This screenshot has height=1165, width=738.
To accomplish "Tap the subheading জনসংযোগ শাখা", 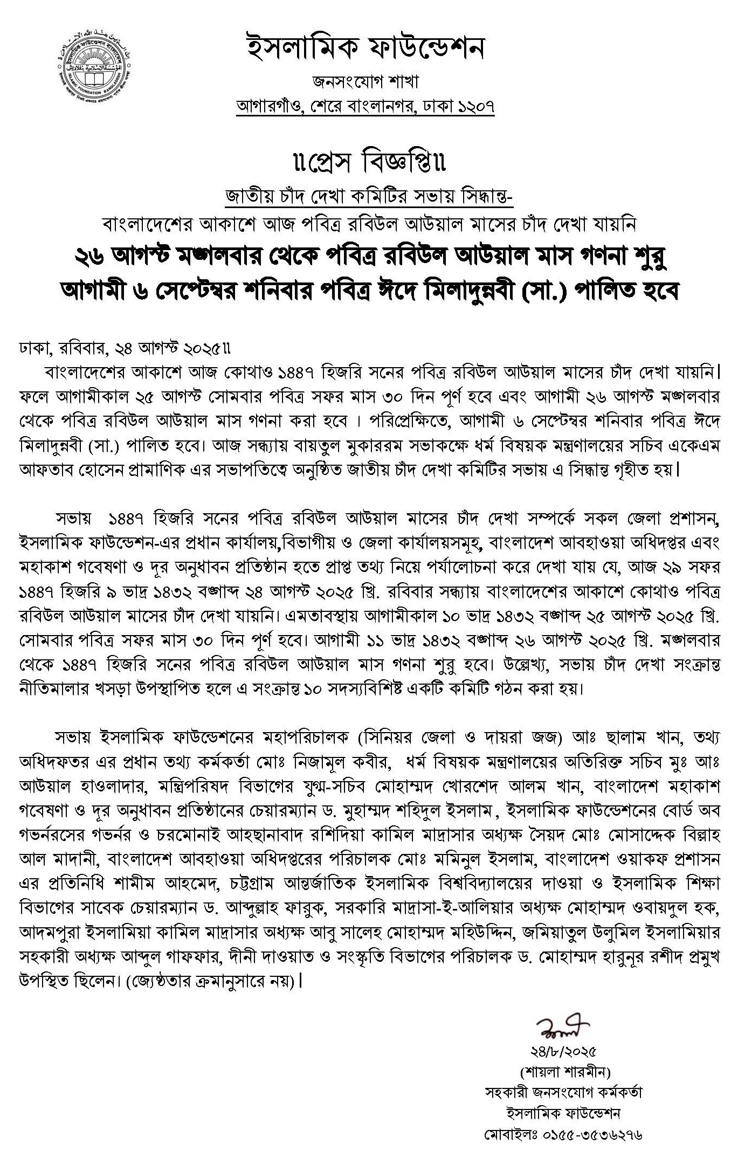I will point(365,82).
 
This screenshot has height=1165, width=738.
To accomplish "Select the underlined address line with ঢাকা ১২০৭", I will point(365,107).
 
